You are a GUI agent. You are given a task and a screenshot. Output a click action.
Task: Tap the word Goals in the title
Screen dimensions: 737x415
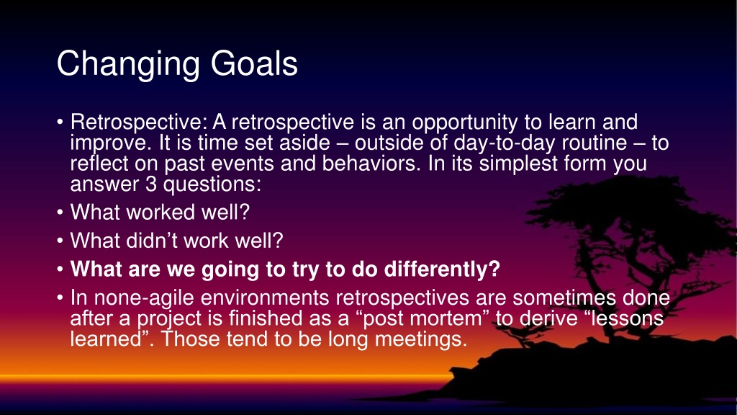tap(254, 63)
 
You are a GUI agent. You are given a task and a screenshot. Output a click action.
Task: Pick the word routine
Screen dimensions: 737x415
tap(594, 142)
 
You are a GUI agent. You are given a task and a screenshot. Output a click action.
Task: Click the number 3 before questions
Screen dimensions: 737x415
tap(151, 184)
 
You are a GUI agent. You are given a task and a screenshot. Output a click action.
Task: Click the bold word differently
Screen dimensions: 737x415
tap(442, 270)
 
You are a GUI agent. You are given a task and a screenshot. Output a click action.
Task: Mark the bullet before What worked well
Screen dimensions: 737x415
tap(60, 213)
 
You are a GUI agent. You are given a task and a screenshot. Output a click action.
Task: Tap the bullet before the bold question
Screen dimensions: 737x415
tap(60, 269)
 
